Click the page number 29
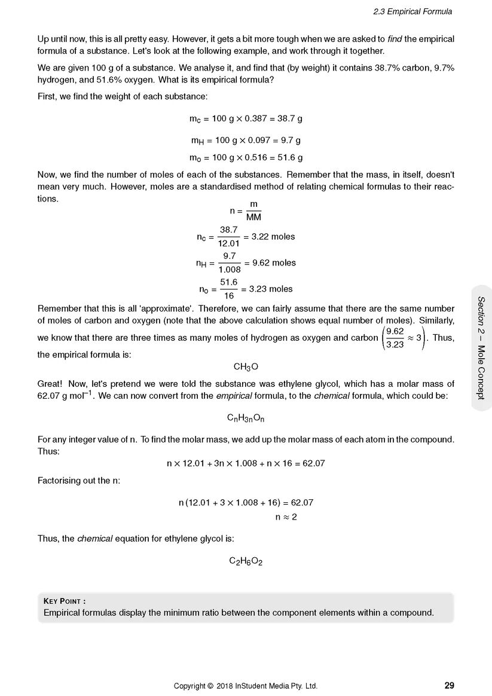449,685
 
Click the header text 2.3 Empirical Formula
412,11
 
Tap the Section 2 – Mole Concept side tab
481,347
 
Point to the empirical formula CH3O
246,367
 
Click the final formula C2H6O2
246,561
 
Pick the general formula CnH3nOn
246,419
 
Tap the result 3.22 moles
273,237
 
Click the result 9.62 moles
274,263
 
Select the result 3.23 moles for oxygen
271,289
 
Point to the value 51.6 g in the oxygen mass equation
289,158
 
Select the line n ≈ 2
286,517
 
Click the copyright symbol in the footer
210,686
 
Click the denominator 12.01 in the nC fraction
228,243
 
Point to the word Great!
50,384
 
